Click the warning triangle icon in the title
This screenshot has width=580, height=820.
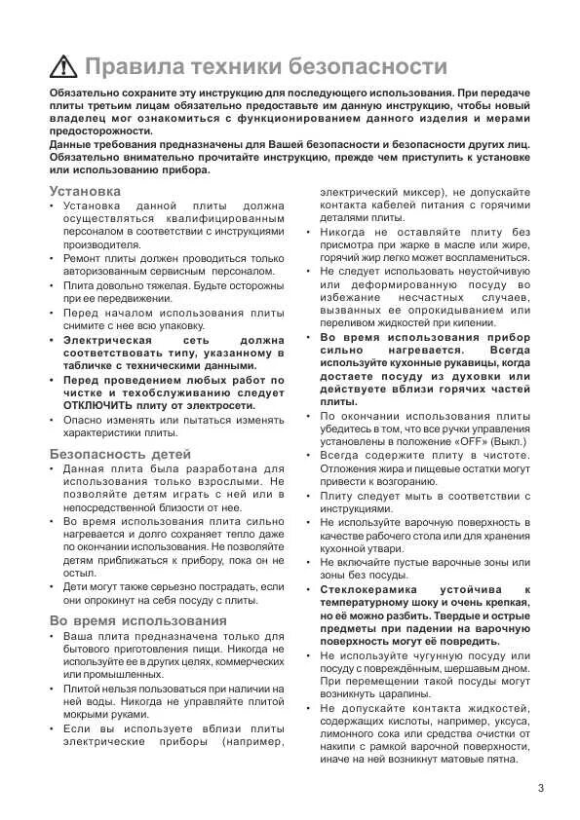coord(63,66)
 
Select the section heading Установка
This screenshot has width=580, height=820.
coord(85,191)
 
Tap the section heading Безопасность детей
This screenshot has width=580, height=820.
coord(120,454)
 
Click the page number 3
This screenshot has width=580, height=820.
coord(539,788)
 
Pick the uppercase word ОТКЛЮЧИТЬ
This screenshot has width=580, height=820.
coord(98,404)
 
